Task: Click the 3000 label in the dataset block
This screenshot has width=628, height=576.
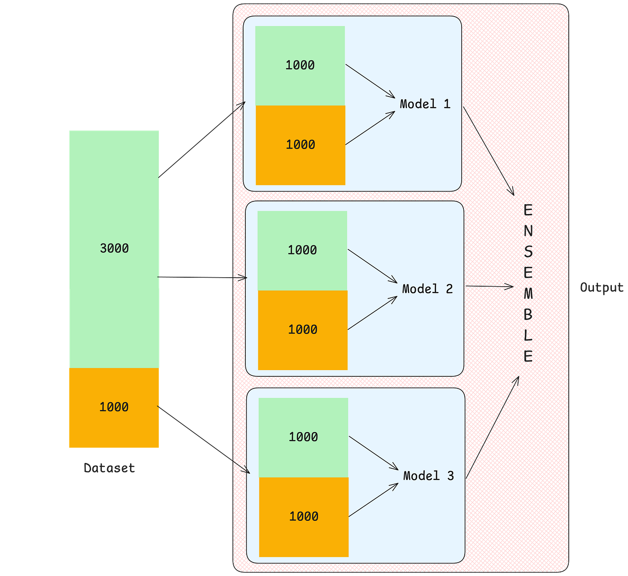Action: pyautogui.click(x=114, y=248)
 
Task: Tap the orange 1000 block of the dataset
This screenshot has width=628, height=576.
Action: pyautogui.click(x=114, y=407)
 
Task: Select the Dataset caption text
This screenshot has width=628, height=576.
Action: pyautogui.click(x=109, y=468)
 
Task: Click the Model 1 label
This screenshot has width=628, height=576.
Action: pyautogui.click(x=425, y=104)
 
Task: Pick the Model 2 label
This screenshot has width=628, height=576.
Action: pyautogui.click(x=427, y=289)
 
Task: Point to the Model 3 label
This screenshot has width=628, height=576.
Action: pyautogui.click(x=428, y=476)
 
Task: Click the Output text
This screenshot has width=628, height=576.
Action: pyautogui.click(x=602, y=287)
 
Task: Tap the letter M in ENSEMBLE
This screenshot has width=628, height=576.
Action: pyautogui.click(x=528, y=294)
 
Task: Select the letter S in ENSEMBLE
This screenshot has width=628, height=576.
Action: pyautogui.click(x=528, y=252)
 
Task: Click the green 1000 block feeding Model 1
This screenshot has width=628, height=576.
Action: pyautogui.click(x=300, y=65)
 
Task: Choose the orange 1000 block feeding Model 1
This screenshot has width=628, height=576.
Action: pyautogui.click(x=301, y=145)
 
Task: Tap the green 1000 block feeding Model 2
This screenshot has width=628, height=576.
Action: pyautogui.click(x=302, y=250)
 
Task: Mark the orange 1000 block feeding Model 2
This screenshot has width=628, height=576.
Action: pyautogui.click(x=303, y=330)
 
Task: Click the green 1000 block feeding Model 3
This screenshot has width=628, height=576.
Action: pyautogui.click(x=303, y=437)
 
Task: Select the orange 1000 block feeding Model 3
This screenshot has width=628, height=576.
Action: pyautogui.click(x=304, y=516)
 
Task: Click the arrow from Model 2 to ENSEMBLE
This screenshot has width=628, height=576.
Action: pyautogui.click(x=489, y=286)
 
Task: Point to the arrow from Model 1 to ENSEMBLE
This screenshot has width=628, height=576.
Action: pyautogui.click(x=488, y=150)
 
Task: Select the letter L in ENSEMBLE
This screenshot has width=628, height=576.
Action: pyautogui.click(x=528, y=336)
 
